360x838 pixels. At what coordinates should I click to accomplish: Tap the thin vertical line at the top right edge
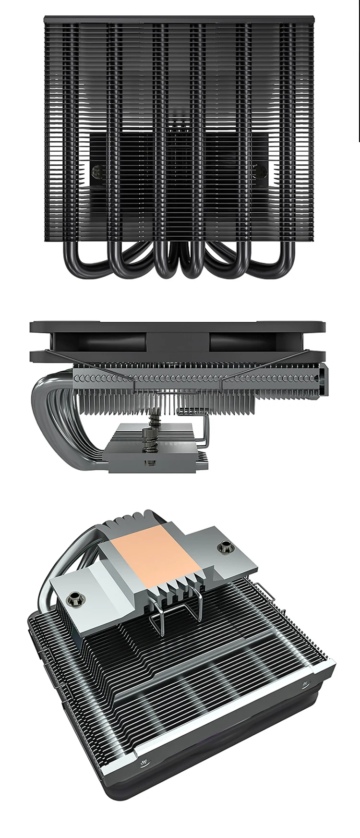[359, 72]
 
